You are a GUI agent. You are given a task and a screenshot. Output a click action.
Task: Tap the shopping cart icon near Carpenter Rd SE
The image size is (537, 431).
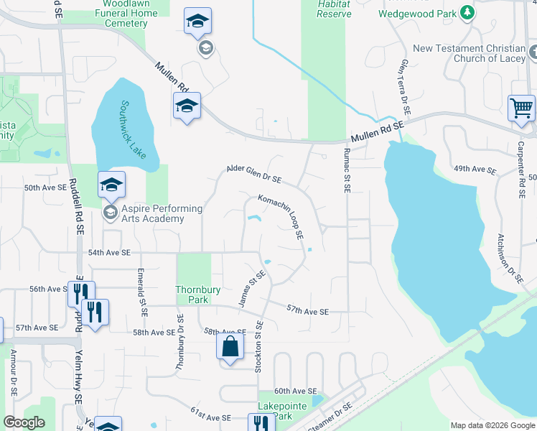pos(522,108)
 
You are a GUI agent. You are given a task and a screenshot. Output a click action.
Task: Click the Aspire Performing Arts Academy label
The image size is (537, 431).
pos(151,213)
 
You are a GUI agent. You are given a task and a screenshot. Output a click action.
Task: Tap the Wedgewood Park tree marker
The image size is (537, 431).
pos(467,13)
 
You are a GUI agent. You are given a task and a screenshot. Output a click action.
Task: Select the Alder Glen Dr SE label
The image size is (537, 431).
pos(253,174)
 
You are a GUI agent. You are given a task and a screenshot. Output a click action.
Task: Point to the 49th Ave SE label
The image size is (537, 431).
pos(475,170)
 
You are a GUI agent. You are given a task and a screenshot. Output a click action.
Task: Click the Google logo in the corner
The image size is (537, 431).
pos(24,422)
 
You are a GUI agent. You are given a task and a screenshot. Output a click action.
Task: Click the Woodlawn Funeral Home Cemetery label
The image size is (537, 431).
pos(120,14)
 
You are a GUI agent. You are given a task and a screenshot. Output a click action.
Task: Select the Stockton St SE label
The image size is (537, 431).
pos(258,346)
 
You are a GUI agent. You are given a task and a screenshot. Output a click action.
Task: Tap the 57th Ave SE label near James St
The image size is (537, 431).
pos(307,311)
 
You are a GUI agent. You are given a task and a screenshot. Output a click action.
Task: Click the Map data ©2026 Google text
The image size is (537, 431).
pos(492,425)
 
